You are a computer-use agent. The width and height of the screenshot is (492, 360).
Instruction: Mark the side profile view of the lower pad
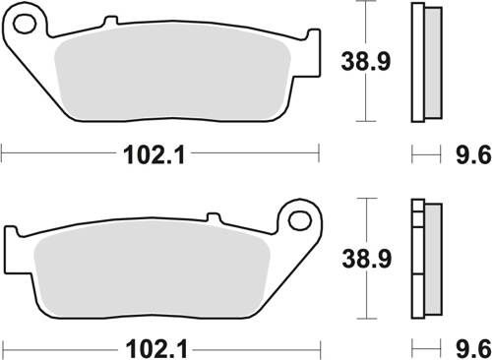424,258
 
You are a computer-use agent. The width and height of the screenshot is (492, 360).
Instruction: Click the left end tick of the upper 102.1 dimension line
3,153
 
